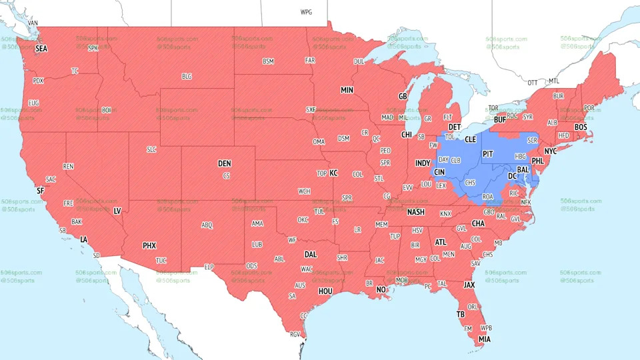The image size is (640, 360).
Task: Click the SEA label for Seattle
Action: (x=41, y=49)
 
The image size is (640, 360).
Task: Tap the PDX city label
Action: (x=38, y=81)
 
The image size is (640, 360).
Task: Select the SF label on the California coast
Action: (x=40, y=191)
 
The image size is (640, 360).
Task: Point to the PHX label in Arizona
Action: (x=149, y=246)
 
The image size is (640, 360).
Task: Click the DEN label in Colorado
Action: (x=225, y=163)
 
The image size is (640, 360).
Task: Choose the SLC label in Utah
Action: (x=151, y=150)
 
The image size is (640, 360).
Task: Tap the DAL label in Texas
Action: (x=311, y=254)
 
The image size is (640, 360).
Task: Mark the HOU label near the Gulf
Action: (x=325, y=291)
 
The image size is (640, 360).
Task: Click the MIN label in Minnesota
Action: (x=347, y=90)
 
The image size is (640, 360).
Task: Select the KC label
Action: (x=334, y=173)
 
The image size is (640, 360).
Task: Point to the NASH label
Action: (x=416, y=212)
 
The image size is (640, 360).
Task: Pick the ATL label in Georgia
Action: (x=441, y=242)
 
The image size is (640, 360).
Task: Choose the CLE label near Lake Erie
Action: (x=471, y=139)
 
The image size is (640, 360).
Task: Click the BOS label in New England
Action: (x=581, y=127)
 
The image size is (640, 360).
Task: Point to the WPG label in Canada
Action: (x=306, y=12)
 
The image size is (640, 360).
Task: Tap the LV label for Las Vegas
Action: (x=117, y=211)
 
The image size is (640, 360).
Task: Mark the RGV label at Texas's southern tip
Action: (x=295, y=335)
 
